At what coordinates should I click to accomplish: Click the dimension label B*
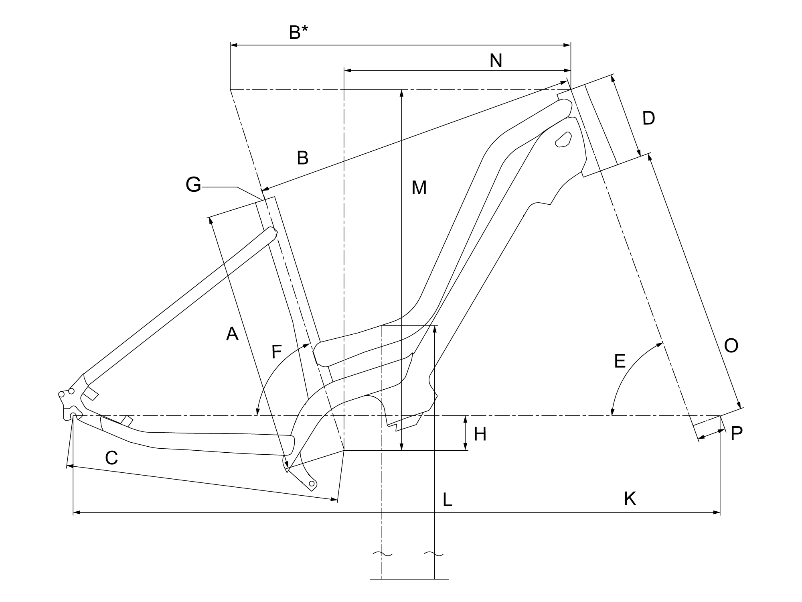click(x=298, y=33)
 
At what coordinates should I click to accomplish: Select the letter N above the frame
click(x=496, y=61)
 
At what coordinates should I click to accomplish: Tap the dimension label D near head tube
click(x=648, y=118)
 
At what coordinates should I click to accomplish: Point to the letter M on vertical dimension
click(x=419, y=188)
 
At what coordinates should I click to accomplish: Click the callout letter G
click(x=193, y=185)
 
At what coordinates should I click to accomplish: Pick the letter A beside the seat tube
click(x=232, y=334)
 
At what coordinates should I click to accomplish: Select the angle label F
click(x=276, y=352)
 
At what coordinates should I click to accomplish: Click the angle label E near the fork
click(x=620, y=361)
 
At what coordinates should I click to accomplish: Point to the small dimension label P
click(x=737, y=434)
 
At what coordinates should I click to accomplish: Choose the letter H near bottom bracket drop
click(x=480, y=434)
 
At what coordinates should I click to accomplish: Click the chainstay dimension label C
click(x=111, y=458)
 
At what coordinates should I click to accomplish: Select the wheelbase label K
click(x=630, y=499)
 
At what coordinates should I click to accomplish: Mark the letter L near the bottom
click(x=448, y=500)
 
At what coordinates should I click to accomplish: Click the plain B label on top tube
click(x=303, y=158)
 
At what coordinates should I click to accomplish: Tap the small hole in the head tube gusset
click(x=563, y=139)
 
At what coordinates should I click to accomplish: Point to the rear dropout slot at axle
click(x=73, y=415)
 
